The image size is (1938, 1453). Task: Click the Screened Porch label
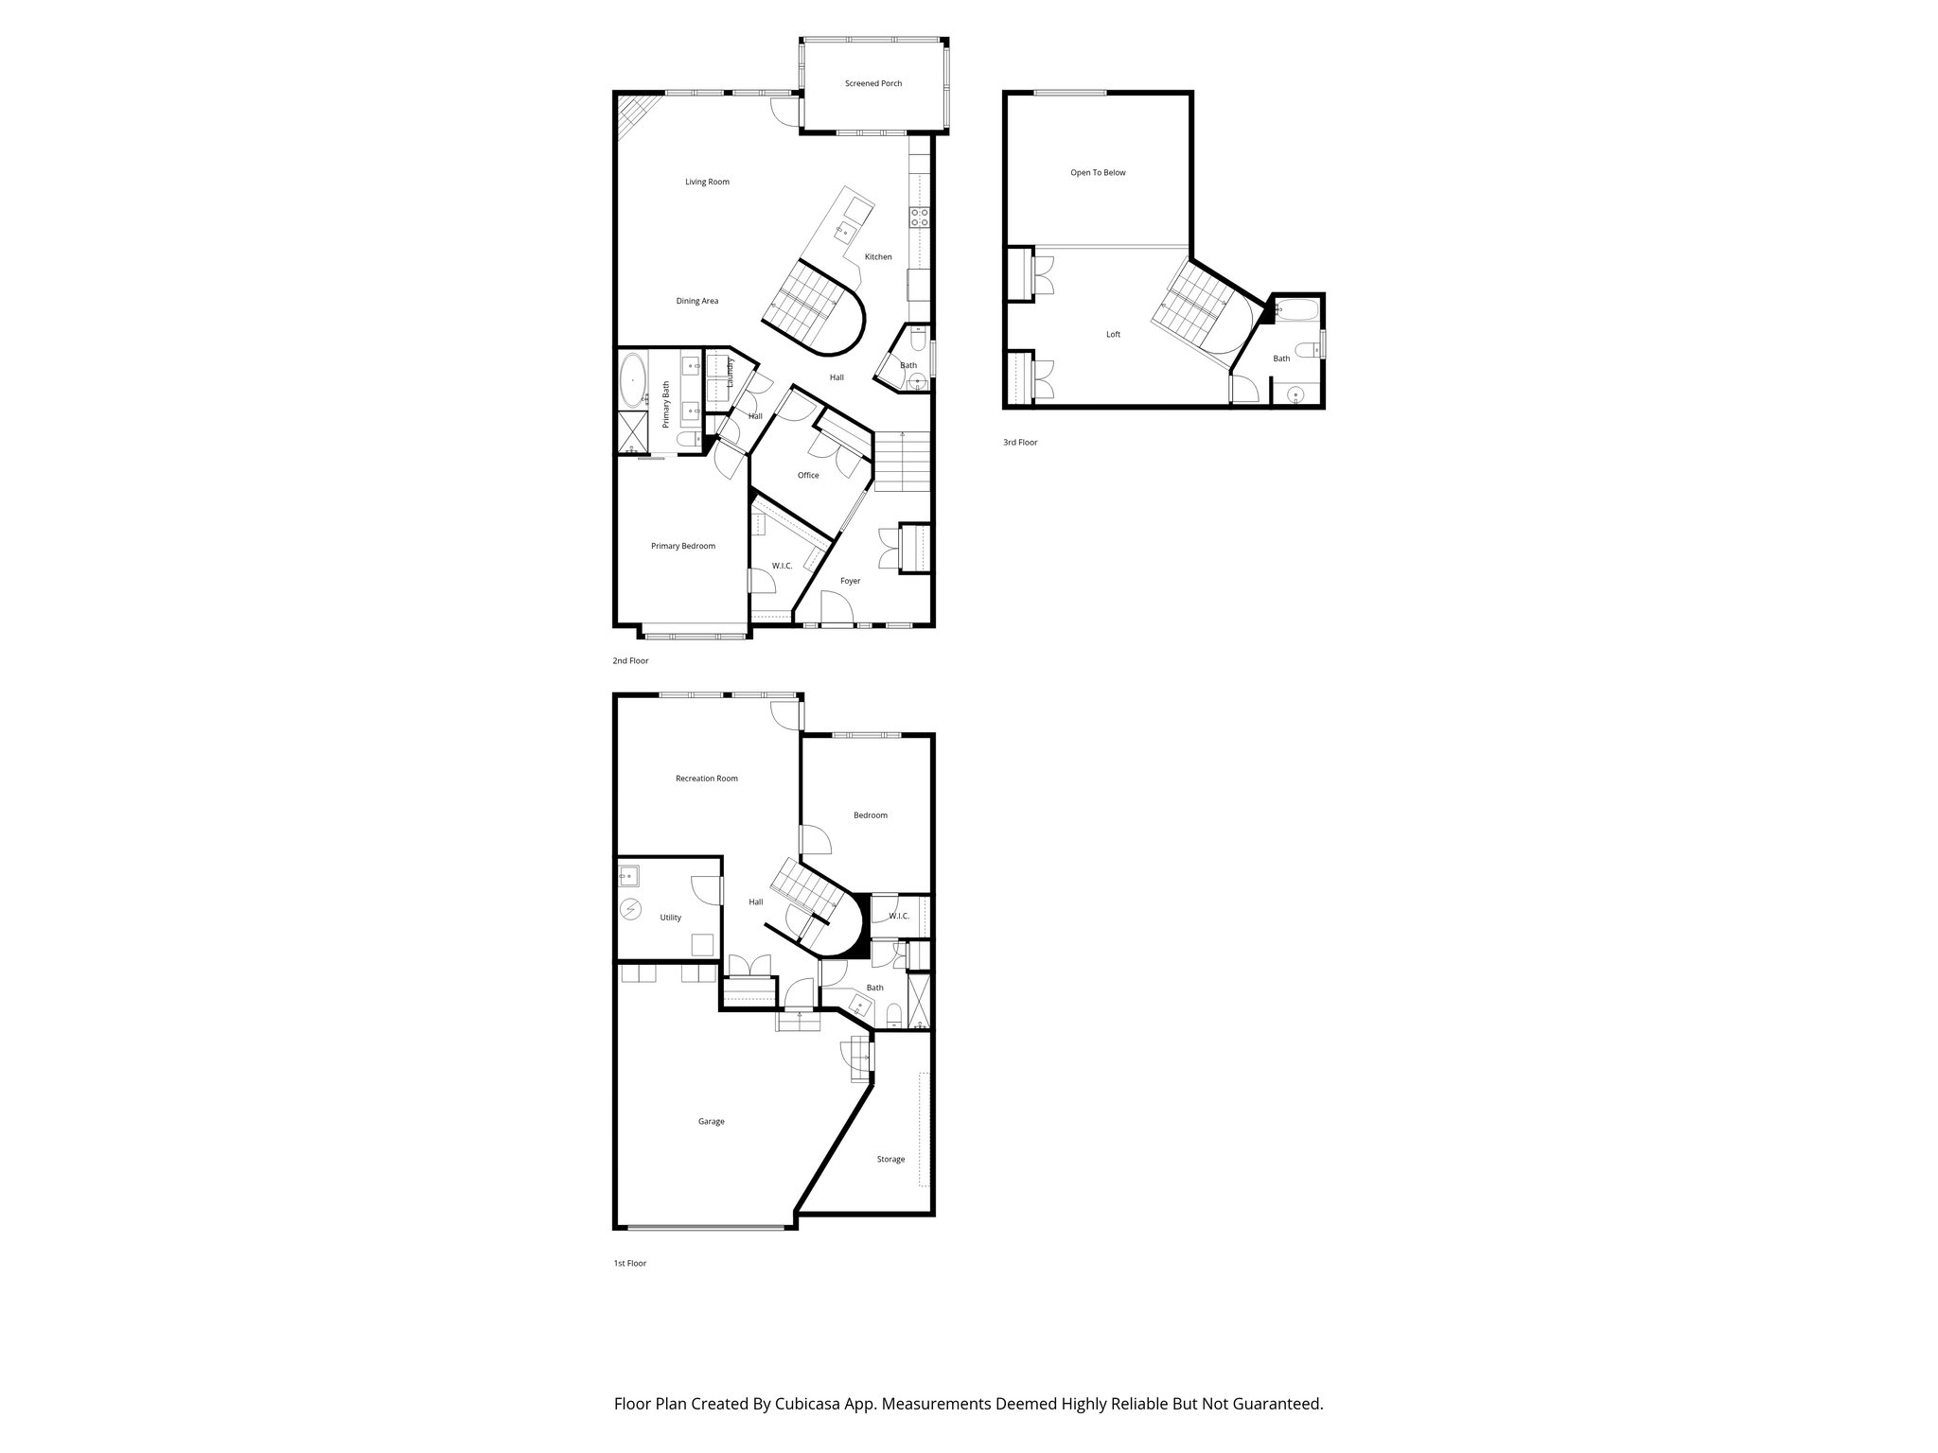coord(873,83)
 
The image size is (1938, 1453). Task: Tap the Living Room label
coord(707,182)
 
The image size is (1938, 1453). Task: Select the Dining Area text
coord(696,301)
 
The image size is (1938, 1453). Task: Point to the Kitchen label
coord(878,256)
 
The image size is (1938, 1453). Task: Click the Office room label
coord(807,475)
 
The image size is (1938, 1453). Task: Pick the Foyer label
coord(850,581)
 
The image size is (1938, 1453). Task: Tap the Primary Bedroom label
coord(682,546)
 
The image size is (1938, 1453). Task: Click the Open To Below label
coord(1098,173)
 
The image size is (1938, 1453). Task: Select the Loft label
coord(1113,334)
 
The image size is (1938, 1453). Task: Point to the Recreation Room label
coord(706,779)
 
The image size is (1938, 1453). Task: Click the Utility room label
coord(670,918)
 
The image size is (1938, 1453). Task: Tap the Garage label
coord(711,1122)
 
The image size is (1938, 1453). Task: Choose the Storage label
coord(890,1159)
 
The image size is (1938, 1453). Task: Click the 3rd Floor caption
coord(1020,442)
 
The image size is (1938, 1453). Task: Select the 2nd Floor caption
coord(630,660)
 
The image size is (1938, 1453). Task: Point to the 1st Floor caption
coord(629,1263)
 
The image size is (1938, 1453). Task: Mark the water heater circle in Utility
coord(631,910)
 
